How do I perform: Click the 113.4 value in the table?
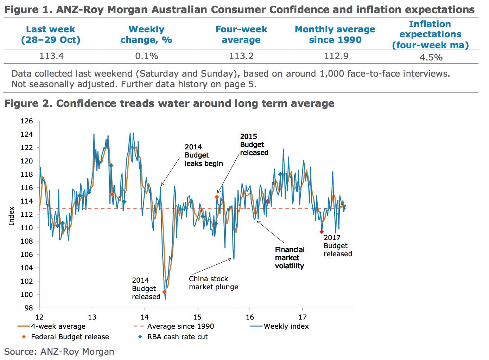[x=51, y=56]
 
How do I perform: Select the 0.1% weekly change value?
[x=146, y=56]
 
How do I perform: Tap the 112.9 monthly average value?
[x=336, y=56]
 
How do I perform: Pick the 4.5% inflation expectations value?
[x=431, y=57]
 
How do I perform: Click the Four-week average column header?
[x=241, y=34]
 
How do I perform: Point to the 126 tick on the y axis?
[x=27, y=121]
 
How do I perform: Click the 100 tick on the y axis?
[x=27, y=295]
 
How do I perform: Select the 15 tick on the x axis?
[x=197, y=317]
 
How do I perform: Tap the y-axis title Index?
[x=12, y=216]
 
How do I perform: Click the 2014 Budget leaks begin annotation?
[x=203, y=155]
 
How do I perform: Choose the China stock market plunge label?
[x=213, y=283]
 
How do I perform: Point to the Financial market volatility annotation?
[x=290, y=258]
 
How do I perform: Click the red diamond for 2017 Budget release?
[x=322, y=232]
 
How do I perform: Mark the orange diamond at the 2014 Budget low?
[x=164, y=292]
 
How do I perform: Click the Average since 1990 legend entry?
[x=180, y=326]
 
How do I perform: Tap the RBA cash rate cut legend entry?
[x=177, y=337]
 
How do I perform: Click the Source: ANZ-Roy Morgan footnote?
[x=59, y=352]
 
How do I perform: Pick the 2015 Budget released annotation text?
[x=254, y=144]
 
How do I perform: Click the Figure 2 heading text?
[x=169, y=103]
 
